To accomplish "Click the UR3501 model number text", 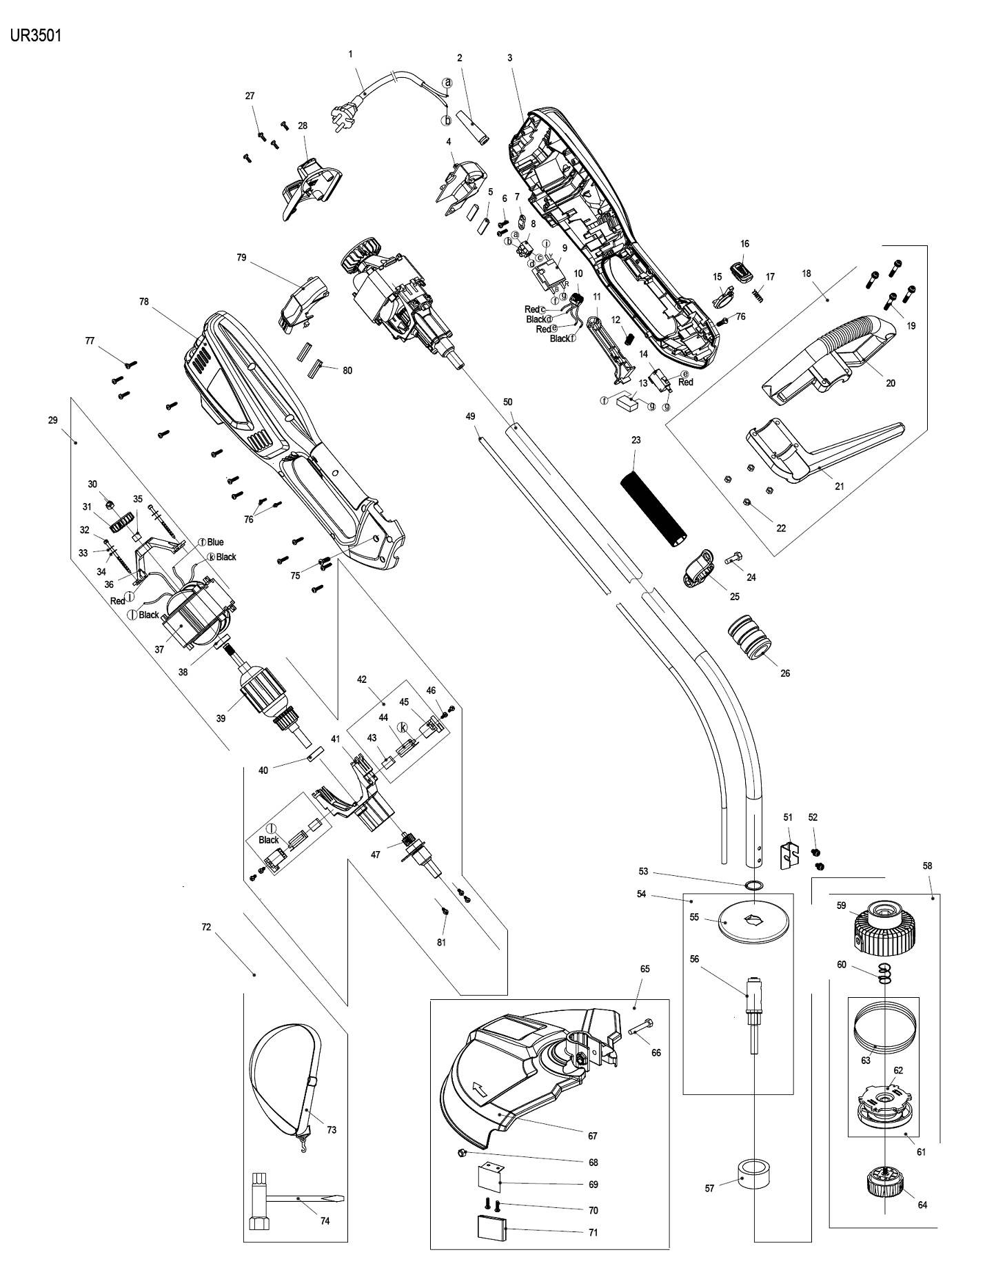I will [36, 36].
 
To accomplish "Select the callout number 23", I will [636, 440].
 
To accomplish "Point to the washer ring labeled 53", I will [755, 886].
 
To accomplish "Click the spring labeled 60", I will [884, 973].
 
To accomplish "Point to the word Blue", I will [215, 542].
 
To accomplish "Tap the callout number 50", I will [508, 402].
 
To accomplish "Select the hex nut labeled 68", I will [463, 1153].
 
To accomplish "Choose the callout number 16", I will [744, 244].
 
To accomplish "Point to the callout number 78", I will [144, 302].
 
